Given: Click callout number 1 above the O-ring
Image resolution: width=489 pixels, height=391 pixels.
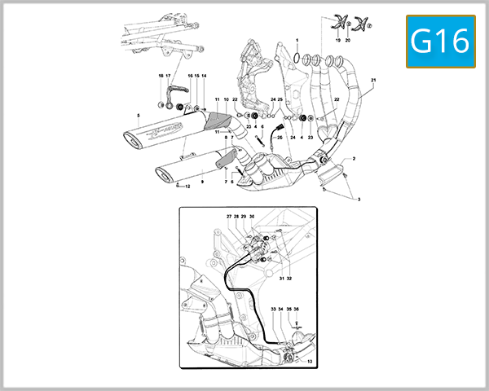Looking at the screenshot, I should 297,40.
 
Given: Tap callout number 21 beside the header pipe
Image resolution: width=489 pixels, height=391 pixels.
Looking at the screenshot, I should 373,80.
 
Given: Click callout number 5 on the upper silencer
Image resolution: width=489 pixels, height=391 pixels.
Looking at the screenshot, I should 139,116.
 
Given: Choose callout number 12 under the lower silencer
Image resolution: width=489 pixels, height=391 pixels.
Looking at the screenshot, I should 187,187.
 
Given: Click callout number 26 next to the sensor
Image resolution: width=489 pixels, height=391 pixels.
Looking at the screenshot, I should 279,138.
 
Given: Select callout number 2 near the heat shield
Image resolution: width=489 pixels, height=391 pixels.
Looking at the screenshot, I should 354,158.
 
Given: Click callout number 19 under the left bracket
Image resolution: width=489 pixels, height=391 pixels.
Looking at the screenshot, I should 337,39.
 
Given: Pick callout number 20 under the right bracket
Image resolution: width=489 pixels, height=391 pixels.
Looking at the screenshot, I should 348,39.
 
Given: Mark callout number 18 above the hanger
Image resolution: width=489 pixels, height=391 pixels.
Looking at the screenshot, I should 161,75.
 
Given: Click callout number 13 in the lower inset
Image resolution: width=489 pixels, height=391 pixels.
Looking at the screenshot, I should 310,361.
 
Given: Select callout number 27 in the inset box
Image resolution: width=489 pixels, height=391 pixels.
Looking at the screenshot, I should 229,217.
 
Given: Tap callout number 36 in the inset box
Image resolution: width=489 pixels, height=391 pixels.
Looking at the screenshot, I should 297,310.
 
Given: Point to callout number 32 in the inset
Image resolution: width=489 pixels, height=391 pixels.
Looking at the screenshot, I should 289,279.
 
